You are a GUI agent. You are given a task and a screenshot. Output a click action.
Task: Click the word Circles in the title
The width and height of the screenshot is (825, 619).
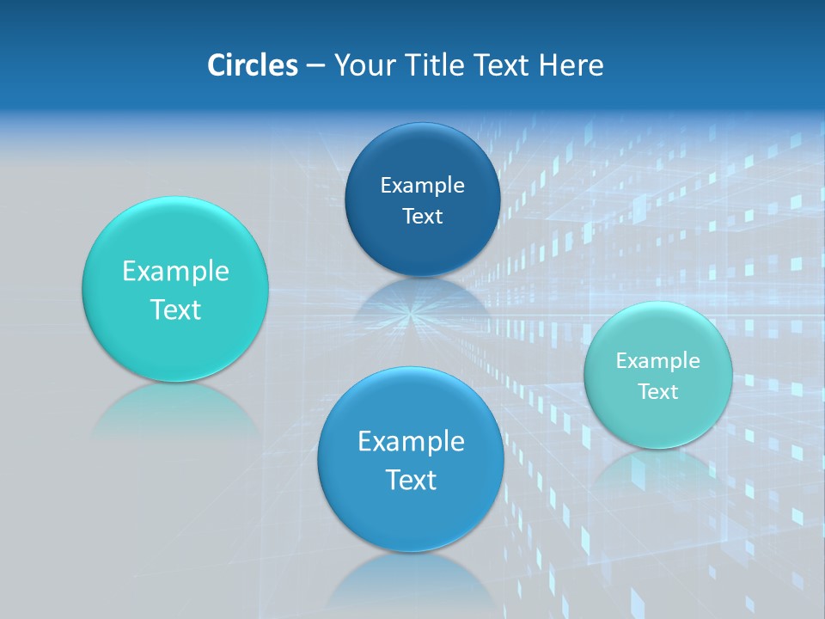point(253,65)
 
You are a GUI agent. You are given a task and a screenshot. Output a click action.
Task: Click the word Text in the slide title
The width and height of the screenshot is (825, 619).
point(503,65)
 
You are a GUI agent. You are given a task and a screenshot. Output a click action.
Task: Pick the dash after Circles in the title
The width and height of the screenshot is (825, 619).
point(315,66)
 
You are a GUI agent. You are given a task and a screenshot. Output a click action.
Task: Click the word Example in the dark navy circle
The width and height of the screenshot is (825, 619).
point(422,186)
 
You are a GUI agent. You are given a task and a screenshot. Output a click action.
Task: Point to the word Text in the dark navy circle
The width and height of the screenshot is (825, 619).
point(422,217)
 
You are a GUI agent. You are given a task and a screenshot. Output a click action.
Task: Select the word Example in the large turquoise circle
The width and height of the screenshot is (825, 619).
point(175,272)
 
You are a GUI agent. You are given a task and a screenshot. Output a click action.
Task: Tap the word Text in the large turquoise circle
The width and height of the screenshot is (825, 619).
point(175,309)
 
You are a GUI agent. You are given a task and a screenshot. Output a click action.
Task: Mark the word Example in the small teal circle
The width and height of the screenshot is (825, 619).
point(658,361)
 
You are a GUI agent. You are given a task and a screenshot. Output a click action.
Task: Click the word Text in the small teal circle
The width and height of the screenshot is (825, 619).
point(658,392)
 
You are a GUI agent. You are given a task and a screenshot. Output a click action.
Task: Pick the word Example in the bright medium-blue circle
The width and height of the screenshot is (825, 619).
point(411,442)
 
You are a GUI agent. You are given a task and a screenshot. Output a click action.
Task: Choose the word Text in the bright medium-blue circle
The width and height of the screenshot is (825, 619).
point(411,480)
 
